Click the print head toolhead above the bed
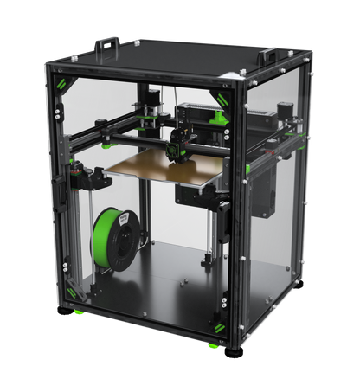[x=182, y=141]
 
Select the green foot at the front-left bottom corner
[x=78, y=311]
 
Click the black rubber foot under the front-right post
[x=232, y=352]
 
